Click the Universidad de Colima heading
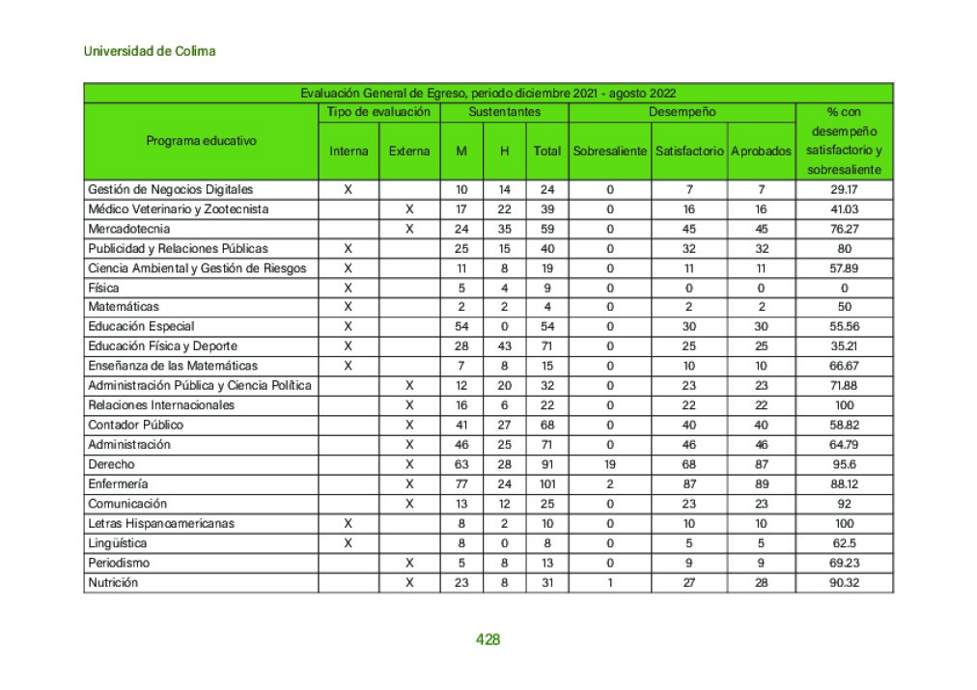(x=150, y=51)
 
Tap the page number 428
(x=488, y=639)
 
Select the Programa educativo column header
(x=202, y=141)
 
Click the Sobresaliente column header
(x=610, y=152)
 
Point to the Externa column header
(x=409, y=152)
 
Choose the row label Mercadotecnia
(x=128, y=229)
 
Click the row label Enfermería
(x=118, y=483)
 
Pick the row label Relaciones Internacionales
(x=160, y=405)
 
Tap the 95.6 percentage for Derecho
(x=844, y=464)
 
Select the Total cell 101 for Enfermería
(x=547, y=483)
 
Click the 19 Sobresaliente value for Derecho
(x=610, y=464)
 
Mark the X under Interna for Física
(x=349, y=288)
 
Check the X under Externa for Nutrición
(x=409, y=582)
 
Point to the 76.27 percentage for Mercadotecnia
(x=844, y=229)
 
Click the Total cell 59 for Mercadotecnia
(x=547, y=229)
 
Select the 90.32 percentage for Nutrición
(x=844, y=582)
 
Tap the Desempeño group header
(x=682, y=112)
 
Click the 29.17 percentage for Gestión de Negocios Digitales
(x=844, y=189)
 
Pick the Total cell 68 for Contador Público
(x=547, y=425)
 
